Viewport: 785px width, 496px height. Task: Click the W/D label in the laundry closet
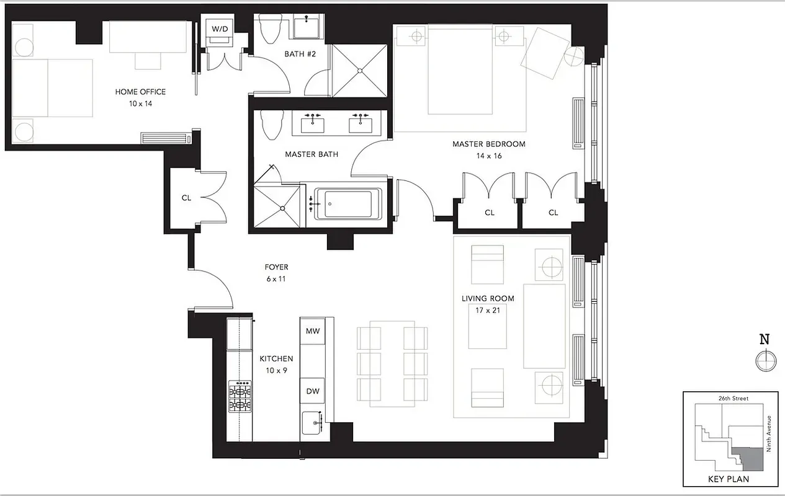(219, 29)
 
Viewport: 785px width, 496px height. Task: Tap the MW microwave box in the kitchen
(312, 331)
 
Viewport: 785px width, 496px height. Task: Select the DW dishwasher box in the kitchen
(312, 391)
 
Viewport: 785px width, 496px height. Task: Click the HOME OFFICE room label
(140, 92)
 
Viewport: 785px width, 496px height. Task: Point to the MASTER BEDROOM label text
(488, 144)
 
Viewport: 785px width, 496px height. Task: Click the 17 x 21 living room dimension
(488, 311)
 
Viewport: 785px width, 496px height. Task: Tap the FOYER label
(276, 267)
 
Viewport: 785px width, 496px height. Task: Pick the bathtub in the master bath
(348, 203)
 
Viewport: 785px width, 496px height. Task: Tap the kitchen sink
(311, 425)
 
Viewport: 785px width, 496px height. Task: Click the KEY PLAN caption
(729, 479)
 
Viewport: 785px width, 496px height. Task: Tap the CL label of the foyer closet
(186, 198)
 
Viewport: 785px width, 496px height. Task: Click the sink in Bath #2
(307, 28)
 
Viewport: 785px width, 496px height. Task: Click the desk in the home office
(150, 37)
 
